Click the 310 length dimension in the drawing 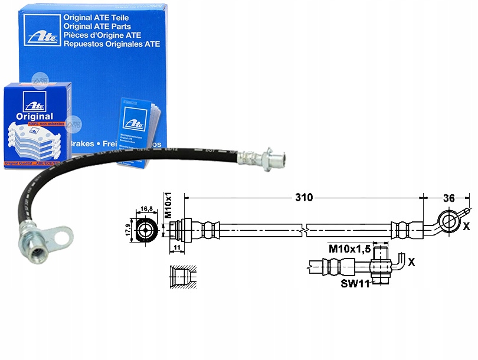pyautogui.click(x=304, y=198)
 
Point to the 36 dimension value pyautogui.click(x=449, y=198)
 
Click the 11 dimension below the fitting pyautogui.click(x=178, y=248)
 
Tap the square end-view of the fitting pyautogui.click(x=145, y=228)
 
